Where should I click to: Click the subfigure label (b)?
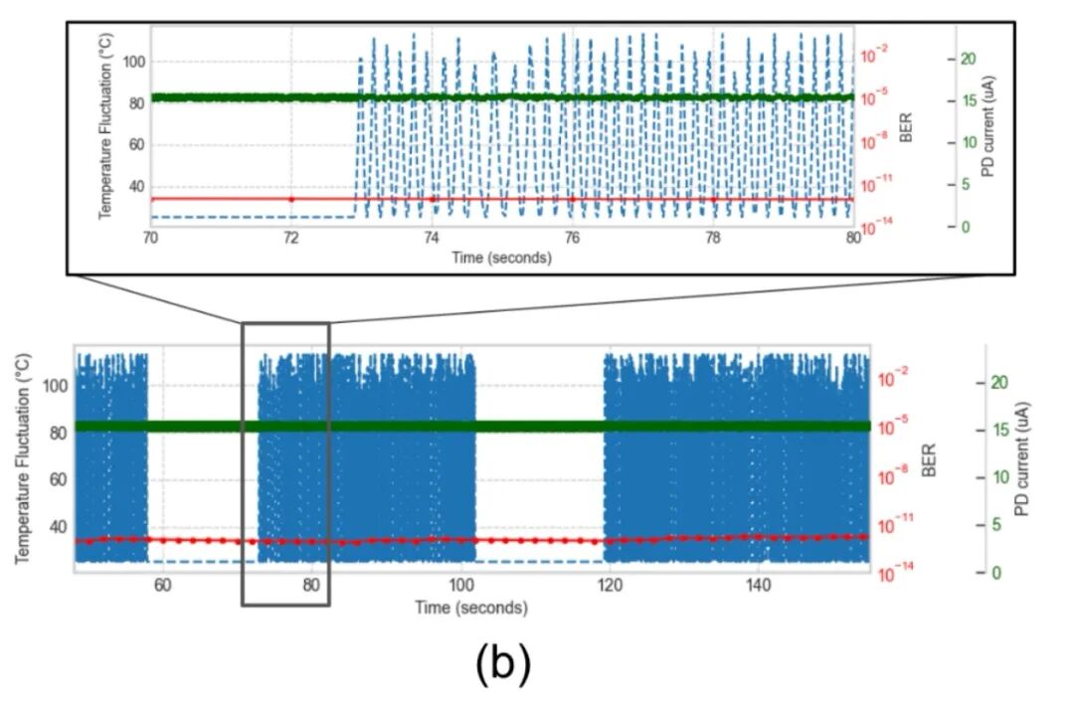tap(503, 664)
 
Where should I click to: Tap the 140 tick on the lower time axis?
tap(759, 585)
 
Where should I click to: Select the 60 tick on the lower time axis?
tap(162, 585)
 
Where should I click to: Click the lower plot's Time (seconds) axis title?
tap(471, 608)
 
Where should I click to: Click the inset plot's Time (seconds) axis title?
tap(501, 258)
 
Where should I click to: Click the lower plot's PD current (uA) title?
tap(1021, 458)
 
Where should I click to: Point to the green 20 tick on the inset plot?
tap(967, 59)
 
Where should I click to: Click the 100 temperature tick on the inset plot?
tap(133, 62)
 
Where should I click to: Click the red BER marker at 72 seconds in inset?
tap(291, 199)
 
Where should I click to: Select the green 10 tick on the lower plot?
tap(999, 477)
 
